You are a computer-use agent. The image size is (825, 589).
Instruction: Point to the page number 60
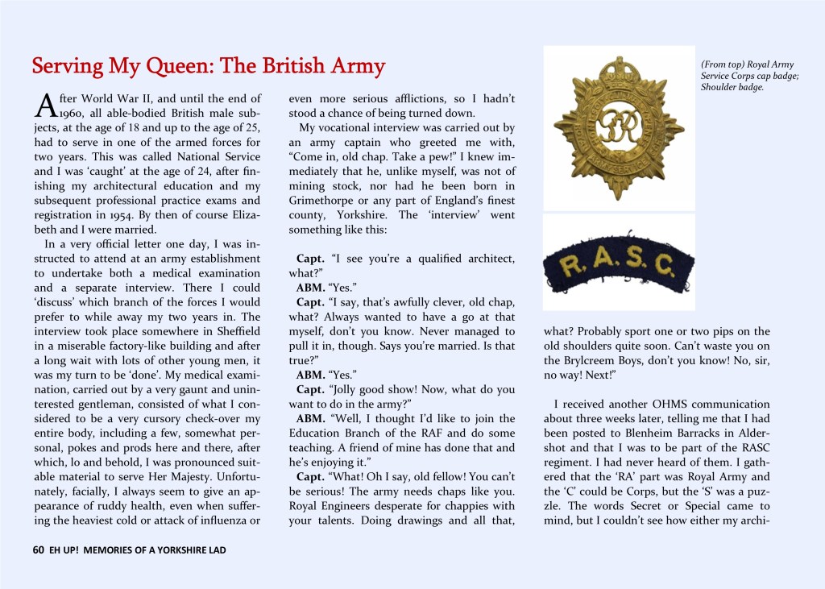click(x=38, y=550)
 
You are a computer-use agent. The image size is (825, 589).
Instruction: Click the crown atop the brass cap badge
click(x=619, y=74)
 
